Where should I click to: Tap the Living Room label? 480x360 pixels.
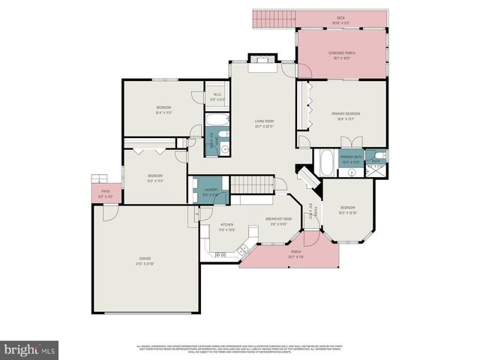pos(263,121)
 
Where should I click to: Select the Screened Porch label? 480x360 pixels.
pos(340,53)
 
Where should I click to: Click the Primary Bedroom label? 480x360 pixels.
pos(346,113)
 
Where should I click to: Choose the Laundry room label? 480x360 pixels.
pos(211,191)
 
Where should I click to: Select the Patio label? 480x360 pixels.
pos(106,191)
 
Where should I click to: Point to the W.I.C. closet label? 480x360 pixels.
pos(217,94)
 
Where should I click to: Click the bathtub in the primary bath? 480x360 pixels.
pos(327,162)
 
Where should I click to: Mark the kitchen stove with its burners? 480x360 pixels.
pos(221,255)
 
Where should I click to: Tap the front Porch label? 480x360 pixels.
pos(296,252)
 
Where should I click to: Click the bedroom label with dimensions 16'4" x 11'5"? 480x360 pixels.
pos(163,109)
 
